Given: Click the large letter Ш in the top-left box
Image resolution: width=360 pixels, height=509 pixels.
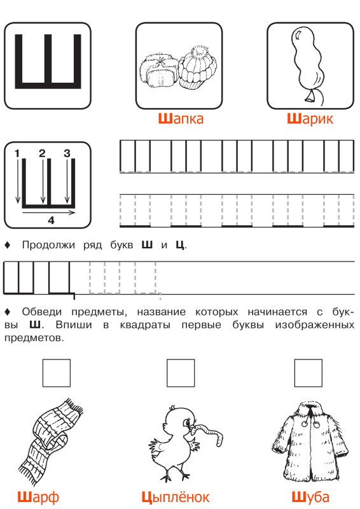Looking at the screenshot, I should click(48, 60).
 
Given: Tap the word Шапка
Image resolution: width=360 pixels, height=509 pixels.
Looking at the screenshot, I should click(180, 119).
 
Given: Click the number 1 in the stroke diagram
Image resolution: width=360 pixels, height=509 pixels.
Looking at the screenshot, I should click(18, 153).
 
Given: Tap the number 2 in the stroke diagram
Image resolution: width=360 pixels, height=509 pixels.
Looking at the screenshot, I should click(42, 153).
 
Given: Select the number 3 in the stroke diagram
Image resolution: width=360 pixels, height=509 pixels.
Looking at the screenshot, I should click(66, 153).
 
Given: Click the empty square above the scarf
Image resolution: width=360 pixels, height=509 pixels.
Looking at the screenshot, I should click(57, 373).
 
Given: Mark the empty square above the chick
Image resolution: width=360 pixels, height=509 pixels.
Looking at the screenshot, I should click(180, 373).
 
